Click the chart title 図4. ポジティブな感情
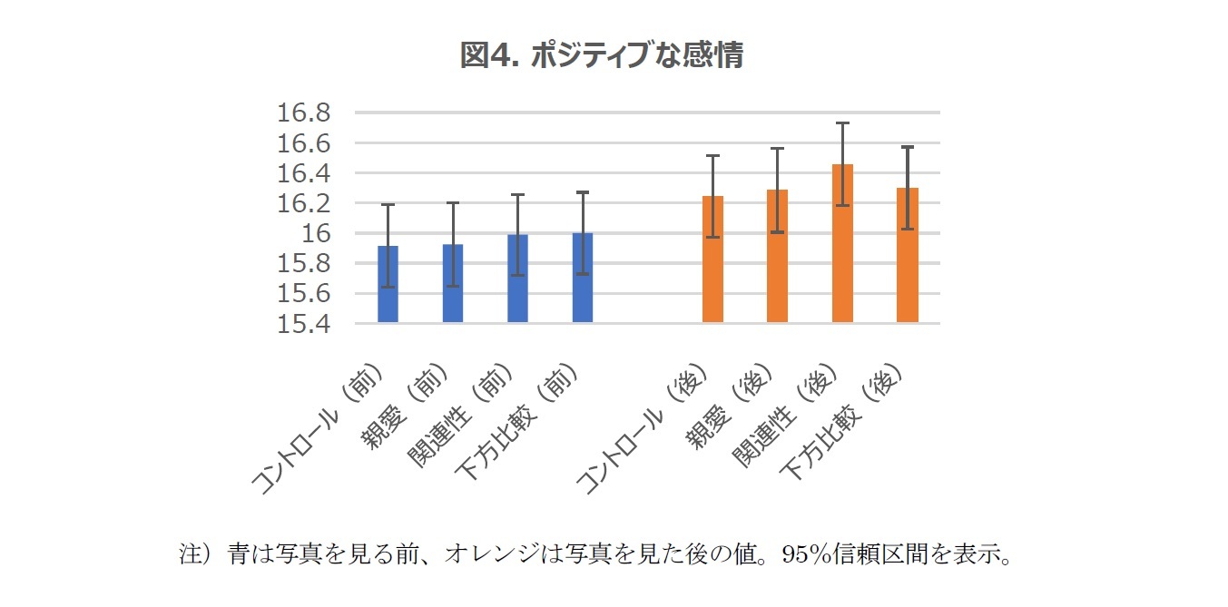tap(602, 55)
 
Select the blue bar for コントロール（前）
tap(388, 286)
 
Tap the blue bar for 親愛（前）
tap(453, 285)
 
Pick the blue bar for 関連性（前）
tap(517, 279)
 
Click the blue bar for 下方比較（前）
tap(583, 279)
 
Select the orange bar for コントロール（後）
tap(712, 260)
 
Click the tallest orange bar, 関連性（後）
tap(842, 244)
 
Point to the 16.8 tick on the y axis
tap(305, 113)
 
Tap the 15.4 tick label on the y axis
tap(305, 324)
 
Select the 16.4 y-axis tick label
tap(305, 173)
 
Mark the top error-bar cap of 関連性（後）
tap(842, 123)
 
